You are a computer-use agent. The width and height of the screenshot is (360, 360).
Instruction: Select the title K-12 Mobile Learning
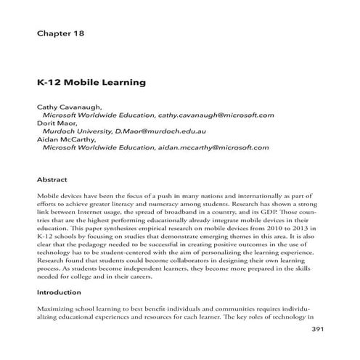coord(91,83)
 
